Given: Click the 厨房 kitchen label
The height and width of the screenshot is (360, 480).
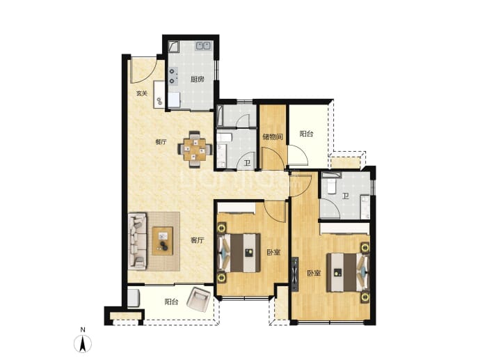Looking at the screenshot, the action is click(x=197, y=79).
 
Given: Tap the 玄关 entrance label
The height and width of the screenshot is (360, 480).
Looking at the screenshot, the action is click(x=142, y=93).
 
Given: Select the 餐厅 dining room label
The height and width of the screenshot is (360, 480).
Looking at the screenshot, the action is click(x=161, y=142).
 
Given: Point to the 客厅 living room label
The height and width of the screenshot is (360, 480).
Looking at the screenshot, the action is click(x=197, y=240).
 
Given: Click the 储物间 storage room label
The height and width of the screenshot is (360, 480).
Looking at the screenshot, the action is click(x=273, y=137).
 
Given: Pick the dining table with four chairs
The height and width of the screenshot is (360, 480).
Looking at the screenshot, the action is click(x=195, y=150).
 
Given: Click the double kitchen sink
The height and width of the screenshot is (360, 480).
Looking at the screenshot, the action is click(x=203, y=46).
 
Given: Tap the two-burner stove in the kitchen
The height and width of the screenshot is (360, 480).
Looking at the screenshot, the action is click(x=173, y=77).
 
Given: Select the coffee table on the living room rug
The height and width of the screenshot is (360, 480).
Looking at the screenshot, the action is click(x=163, y=241).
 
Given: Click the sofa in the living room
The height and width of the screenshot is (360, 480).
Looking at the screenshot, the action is click(x=137, y=242).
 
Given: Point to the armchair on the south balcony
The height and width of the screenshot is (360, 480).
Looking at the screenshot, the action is click(x=199, y=299).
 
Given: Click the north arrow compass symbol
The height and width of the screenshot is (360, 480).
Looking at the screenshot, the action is click(x=83, y=344).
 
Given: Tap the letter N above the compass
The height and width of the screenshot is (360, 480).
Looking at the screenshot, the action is click(x=83, y=330).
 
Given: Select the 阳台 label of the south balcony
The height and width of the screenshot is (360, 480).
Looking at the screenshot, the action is click(x=171, y=302).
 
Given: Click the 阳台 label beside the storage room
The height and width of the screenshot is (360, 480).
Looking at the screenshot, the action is click(x=306, y=134).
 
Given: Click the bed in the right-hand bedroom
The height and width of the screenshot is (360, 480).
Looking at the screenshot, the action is click(x=348, y=272).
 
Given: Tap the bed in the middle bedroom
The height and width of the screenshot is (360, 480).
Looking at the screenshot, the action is click(x=239, y=253).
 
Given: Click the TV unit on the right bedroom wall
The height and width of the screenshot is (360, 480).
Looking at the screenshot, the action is click(x=295, y=274).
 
